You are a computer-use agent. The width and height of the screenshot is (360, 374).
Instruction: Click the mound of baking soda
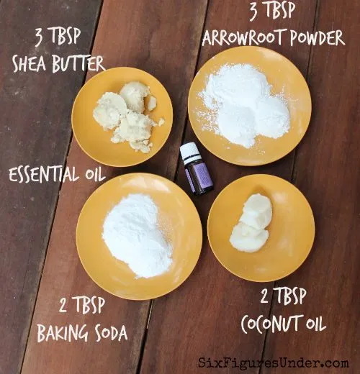(x=138, y=236)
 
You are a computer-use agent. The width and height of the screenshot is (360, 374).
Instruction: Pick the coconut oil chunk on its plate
(x=251, y=223)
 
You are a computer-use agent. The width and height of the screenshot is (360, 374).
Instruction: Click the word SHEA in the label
(x=29, y=63)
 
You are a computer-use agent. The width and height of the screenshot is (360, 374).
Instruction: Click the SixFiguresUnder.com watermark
(x=274, y=362)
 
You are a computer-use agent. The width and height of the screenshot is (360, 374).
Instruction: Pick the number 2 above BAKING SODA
(x=63, y=304)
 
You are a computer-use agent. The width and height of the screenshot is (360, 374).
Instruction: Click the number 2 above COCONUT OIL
(x=264, y=296)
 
